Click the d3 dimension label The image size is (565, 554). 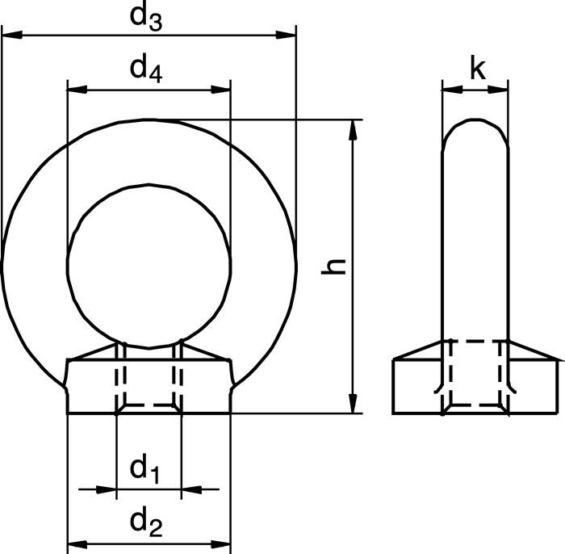point(148,19)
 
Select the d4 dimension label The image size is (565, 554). point(147,70)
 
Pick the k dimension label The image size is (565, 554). point(477,71)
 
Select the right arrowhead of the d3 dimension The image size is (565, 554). point(287,35)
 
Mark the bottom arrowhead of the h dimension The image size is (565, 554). point(353,404)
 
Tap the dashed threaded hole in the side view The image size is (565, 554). point(476,374)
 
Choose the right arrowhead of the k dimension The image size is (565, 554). point(501,90)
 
